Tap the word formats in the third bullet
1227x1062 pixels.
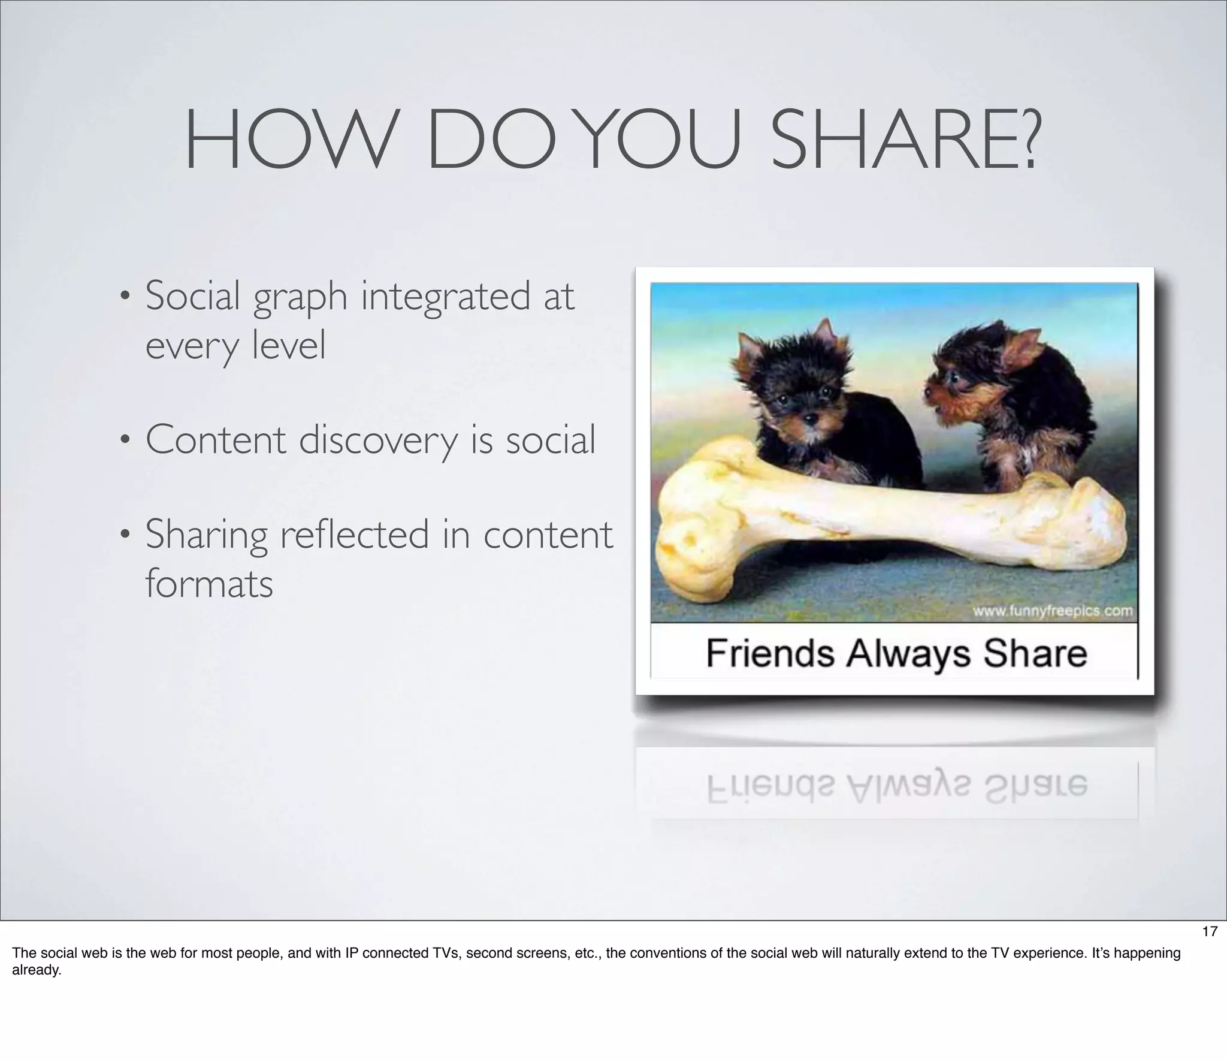[x=209, y=584]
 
